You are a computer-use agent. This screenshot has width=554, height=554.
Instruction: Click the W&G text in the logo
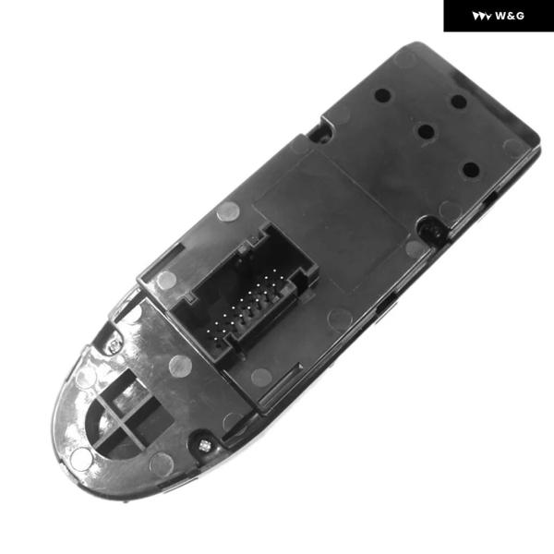pos(510,16)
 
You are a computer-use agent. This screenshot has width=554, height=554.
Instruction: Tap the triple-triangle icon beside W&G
pos(481,17)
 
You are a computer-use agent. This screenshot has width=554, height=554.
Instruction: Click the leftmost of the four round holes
pos(382,95)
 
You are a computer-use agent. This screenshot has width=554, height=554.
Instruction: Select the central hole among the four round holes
pos(426,131)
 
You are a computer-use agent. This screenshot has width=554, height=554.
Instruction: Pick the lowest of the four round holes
pos(471,170)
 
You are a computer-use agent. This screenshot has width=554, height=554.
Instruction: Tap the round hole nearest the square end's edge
pos(459,102)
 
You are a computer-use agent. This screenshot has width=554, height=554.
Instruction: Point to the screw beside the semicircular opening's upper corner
pos(114,346)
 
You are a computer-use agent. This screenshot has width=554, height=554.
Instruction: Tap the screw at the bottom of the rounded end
pos(204,446)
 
